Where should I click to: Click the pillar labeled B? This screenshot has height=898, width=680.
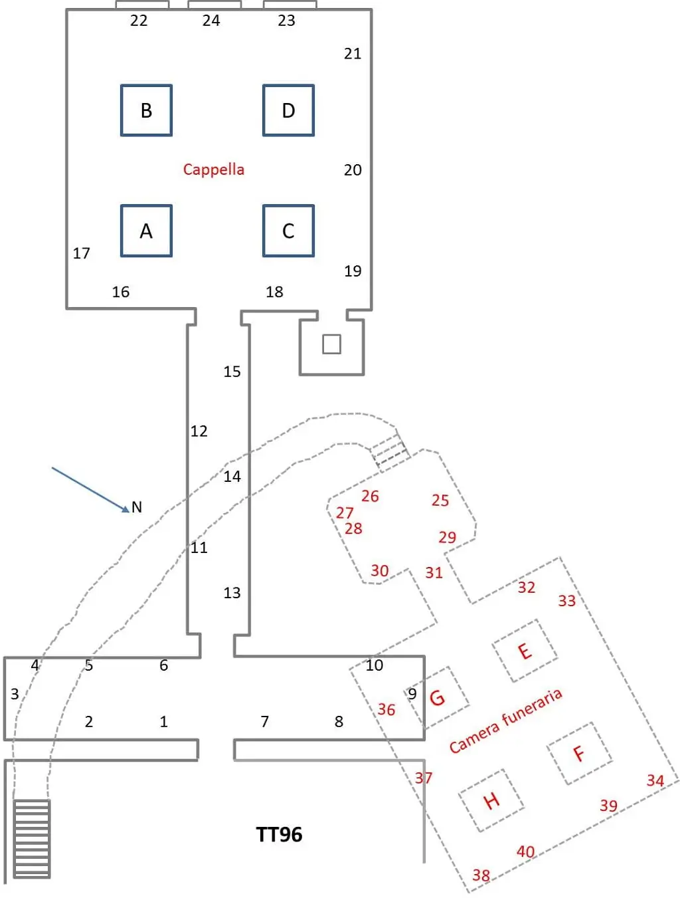(146, 110)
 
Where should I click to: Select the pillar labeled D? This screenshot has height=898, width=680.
(288, 110)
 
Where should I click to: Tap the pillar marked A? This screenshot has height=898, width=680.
(146, 231)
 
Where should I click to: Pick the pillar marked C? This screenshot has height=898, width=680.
(288, 231)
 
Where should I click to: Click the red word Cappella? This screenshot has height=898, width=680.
(213, 169)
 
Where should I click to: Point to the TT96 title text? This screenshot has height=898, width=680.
(279, 834)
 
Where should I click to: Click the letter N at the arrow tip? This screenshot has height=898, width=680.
(137, 507)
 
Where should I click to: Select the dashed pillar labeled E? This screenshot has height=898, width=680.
(525, 651)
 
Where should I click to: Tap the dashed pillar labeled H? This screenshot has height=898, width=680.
(491, 800)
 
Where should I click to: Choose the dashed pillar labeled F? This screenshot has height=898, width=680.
(579, 753)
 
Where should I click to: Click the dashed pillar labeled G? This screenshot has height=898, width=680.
(438, 697)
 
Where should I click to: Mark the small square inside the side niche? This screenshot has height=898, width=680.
(331, 344)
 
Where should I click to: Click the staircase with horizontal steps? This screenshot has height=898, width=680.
(32, 838)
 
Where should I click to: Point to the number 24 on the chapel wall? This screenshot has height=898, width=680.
(211, 21)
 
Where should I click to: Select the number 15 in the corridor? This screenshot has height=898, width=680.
(232, 372)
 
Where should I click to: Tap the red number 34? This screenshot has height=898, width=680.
(655, 780)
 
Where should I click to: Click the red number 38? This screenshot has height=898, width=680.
(481, 875)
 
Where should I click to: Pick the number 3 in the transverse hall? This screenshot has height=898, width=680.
(15, 694)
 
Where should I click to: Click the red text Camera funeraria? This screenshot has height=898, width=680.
(505, 721)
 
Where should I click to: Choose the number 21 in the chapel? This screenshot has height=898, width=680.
(353, 53)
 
